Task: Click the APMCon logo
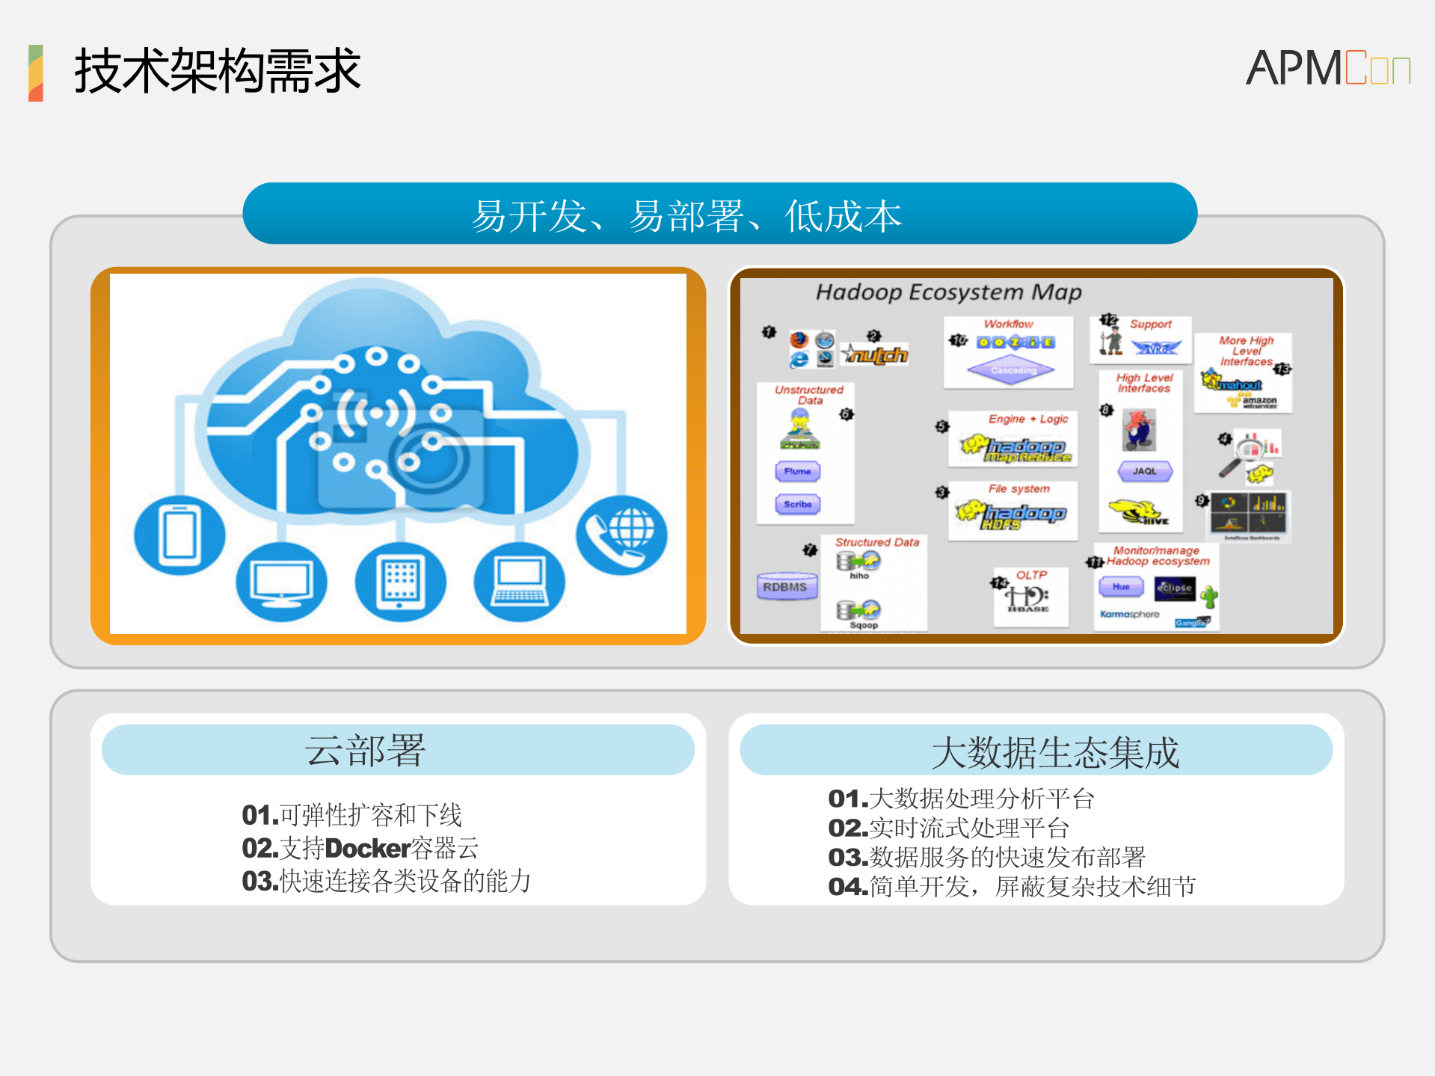tap(1327, 68)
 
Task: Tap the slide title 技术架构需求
tap(217, 71)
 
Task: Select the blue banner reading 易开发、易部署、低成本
tap(719, 214)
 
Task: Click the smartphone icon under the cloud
tap(179, 534)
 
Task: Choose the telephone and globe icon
tap(621, 535)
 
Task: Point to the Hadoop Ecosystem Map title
tap(948, 292)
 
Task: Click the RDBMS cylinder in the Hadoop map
tap(785, 587)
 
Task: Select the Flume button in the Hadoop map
tap(798, 471)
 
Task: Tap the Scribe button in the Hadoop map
tap(798, 504)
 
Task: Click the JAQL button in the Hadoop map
tap(1144, 471)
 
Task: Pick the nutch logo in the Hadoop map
tap(876, 354)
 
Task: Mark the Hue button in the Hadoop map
tap(1121, 587)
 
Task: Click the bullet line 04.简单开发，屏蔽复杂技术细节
tap(1012, 887)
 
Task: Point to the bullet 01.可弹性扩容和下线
tap(352, 815)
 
